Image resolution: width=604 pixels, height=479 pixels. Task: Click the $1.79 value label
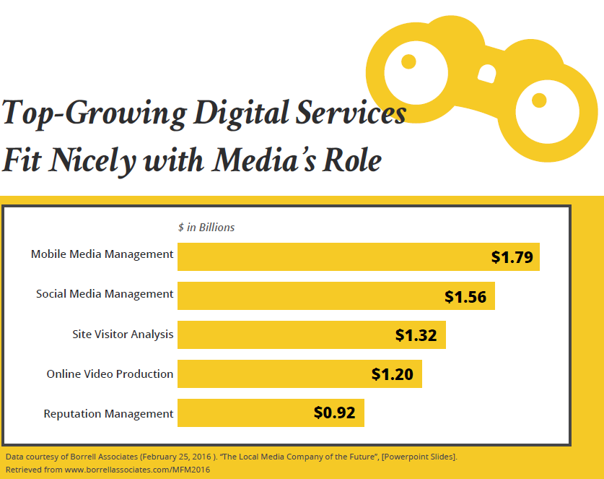(512, 257)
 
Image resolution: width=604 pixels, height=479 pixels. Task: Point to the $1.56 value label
(465, 296)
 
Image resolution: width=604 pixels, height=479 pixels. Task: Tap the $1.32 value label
(416, 335)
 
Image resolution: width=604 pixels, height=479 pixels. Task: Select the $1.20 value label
(393, 374)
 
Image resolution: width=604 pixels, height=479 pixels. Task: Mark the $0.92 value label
(335, 413)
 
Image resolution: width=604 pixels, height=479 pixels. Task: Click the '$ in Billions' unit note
(206, 228)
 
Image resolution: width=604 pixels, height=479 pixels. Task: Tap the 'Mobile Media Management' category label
(102, 254)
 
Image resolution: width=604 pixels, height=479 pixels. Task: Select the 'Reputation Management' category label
(108, 414)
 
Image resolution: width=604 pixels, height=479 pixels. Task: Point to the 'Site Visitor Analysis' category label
(123, 335)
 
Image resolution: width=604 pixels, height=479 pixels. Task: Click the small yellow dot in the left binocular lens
(408, 61)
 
